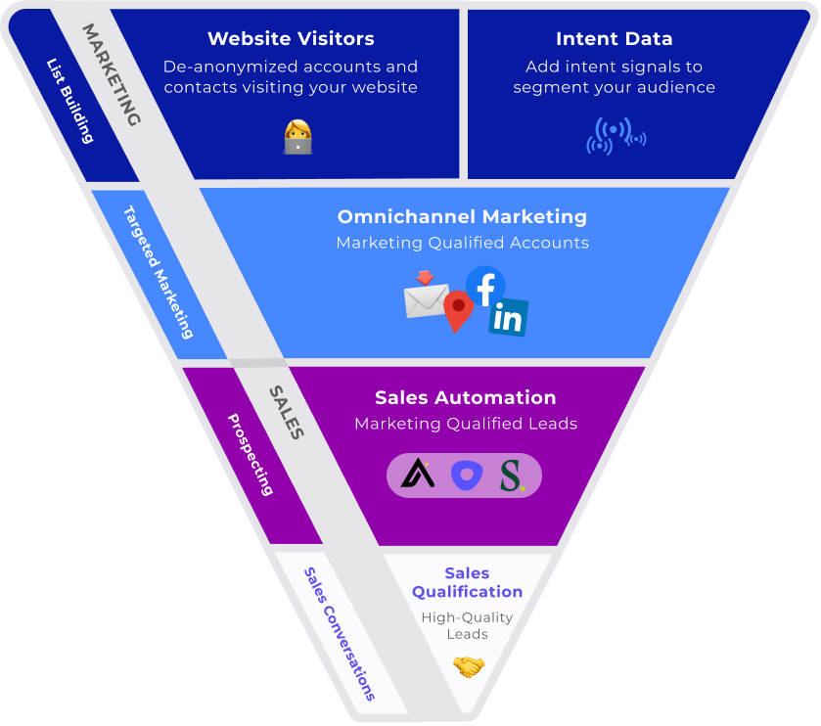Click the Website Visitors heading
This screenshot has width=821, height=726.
(x=291, y=39)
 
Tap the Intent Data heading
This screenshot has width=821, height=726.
(x=614, y=39)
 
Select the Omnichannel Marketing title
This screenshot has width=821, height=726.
(x=462, y=216)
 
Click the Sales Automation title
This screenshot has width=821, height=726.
(x=465, y=397)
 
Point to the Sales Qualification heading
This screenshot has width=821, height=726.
(x=467, y=582)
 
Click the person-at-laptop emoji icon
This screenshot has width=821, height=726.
(x=297, y=137)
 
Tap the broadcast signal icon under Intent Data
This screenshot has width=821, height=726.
(x=616, y=136)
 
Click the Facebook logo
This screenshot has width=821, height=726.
(x=485, y=286)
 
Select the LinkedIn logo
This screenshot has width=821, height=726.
(x=508, y=317)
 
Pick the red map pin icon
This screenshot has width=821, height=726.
(x=457, y=311)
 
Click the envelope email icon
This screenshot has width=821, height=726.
(x=426, y=298)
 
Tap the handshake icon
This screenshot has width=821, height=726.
(x=469, y=667)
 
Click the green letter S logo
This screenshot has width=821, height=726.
(x=511, y=476)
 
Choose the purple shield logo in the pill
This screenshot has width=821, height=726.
(x=466, y=476)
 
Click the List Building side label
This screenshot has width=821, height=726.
(x=69, y=101)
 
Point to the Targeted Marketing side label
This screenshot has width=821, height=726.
(x=158, y=272)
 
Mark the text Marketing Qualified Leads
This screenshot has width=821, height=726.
(x=465, y=424)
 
